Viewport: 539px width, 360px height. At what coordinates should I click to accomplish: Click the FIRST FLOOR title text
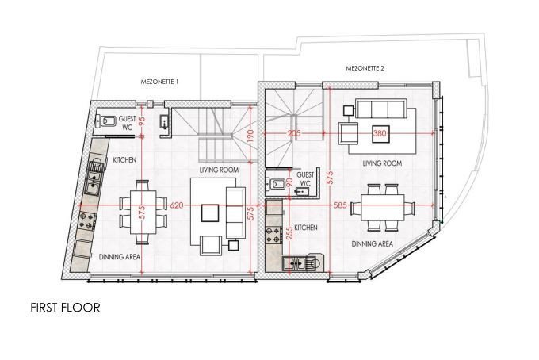coord(65,308)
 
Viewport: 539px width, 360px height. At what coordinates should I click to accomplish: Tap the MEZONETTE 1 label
coord(159,82)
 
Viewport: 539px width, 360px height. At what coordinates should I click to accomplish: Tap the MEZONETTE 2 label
coord(365,68)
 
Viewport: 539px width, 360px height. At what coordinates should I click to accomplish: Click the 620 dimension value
coord(177,205)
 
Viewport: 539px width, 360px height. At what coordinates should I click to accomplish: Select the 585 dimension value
coord(340,205)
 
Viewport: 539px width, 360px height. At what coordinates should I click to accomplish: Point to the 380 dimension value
coord(380,133)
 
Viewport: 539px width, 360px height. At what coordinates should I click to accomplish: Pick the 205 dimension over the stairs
coord(294,133)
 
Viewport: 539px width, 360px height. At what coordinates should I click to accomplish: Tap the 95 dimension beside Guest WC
coord(142,121)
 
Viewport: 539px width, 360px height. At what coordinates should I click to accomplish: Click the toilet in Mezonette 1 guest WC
coord(106,121)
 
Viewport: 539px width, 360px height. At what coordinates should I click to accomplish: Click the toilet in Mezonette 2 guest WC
coord(275,184)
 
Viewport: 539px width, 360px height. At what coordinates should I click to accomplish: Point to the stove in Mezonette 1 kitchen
coord(86,220)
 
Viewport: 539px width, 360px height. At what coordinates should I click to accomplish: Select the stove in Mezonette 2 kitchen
coord(273,235)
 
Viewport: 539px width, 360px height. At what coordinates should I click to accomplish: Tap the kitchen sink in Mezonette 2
coord(294,264)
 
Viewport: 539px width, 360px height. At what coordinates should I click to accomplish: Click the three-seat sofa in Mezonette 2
coord(380,109)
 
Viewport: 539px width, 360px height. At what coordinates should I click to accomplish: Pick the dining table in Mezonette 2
coord(383,208)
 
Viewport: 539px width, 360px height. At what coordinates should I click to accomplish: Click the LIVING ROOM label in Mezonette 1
coord(219,170)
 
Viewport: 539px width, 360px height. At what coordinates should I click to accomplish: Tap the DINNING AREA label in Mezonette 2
coord(373,243)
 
